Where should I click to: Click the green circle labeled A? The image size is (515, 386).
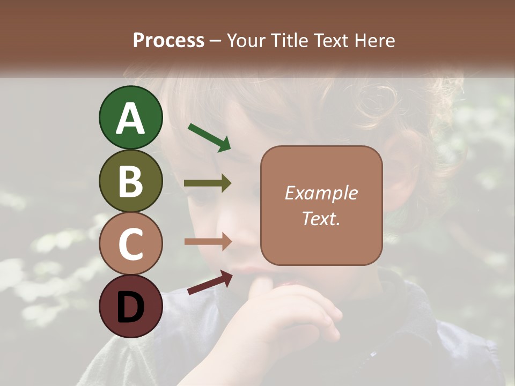click(x=130, y=117)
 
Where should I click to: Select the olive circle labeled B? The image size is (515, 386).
click(x=130, y=181)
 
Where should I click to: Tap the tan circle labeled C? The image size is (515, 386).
click(x=130, y=243)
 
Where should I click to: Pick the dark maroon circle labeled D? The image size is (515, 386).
click(x=130, y=306)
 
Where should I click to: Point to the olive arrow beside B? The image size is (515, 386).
click(x=208, y=183)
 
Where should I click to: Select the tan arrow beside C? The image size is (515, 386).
click(x=208, y=242)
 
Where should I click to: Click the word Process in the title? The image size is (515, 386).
click(x=168, y=40)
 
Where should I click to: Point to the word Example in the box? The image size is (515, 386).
click(x=321, y=193)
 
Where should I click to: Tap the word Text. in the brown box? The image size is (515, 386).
click(x=321, y=218)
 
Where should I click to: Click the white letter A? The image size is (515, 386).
click(x=130, y=118)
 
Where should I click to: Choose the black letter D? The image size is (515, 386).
click(x=130, y=307)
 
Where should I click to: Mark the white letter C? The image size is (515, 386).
click(x=130, y=244)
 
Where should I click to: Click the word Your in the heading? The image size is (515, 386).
click(x=245, y=40)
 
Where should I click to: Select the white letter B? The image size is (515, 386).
click(x=130, y=181)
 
